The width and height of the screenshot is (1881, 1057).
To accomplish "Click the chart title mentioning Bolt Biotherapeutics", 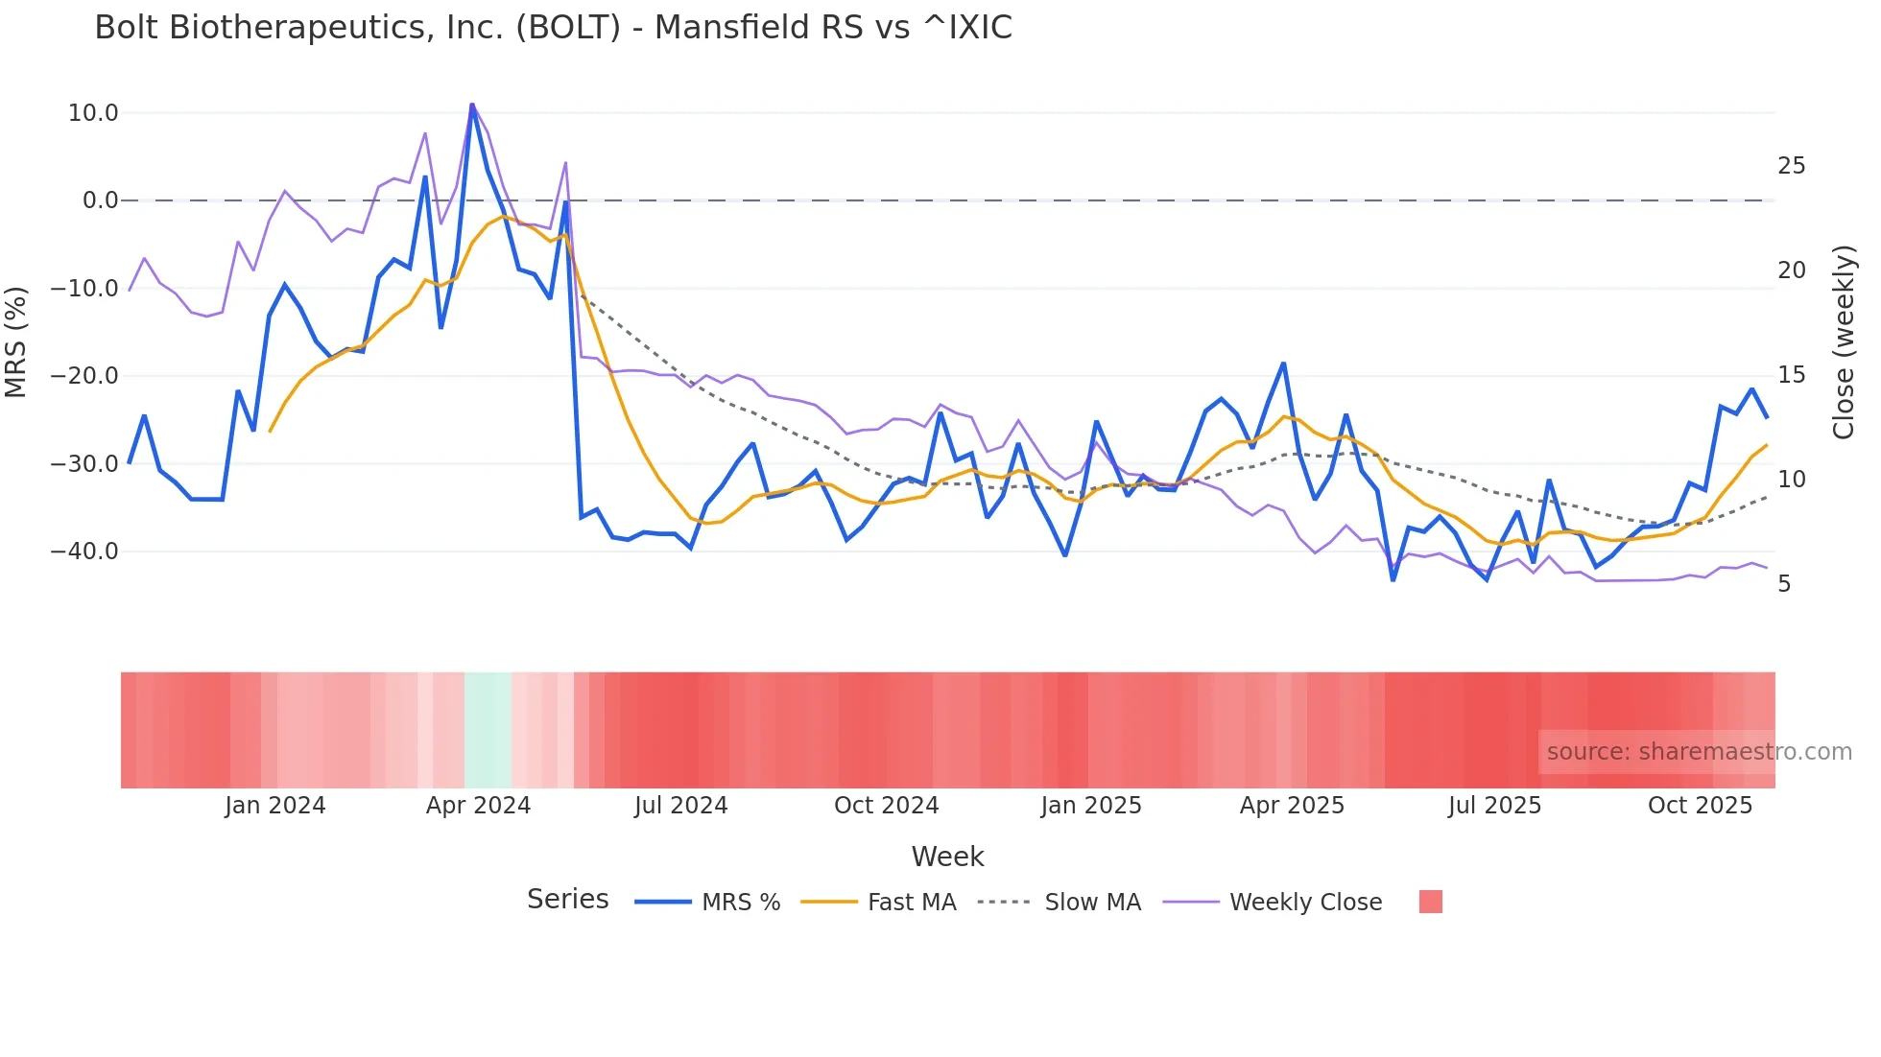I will tap(553, 28).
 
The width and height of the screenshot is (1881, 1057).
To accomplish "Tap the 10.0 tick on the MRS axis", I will tap(93, 113).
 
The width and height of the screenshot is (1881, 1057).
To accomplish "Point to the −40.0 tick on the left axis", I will tap(84, 552).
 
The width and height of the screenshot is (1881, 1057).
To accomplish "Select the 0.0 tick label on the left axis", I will tap(100, 200).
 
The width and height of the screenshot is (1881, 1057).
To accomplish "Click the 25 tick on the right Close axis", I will tap(1791, 166).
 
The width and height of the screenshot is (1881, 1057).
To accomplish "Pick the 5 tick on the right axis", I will tap(1784, 584).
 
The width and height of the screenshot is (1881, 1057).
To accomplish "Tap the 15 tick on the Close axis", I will tap(1791, 375).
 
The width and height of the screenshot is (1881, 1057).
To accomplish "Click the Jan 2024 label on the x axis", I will tap(275, 806).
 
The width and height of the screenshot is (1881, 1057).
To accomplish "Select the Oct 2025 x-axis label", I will tap(1700, 806).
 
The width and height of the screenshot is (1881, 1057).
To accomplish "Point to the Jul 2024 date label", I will tap(680, 806).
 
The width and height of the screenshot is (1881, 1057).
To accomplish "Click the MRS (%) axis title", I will tap(16, 341).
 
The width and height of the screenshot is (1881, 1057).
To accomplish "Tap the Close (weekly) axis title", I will tap(1844, 342).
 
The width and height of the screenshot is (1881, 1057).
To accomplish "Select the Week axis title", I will tap(947, 857).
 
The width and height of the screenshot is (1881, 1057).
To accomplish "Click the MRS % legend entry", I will tap(740, 903).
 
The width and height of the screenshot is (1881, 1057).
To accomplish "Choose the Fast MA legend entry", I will tap(911, 903).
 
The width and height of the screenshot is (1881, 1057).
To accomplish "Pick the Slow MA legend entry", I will tap(1092, 903).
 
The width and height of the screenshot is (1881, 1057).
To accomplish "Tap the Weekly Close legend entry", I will tap(1305, 903).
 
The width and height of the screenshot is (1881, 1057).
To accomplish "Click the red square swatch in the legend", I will tap(1430, 902).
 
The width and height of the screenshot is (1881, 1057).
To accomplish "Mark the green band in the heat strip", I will tap(488, 730).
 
